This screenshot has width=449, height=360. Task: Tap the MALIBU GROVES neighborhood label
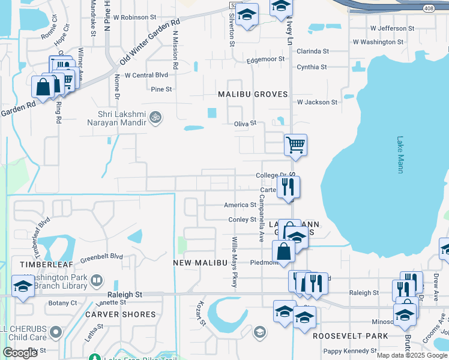coord(253,95)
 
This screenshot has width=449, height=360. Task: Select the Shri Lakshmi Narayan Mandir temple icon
coord(155,116)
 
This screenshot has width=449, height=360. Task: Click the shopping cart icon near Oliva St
coord(295,145)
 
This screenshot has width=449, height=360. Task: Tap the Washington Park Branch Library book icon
coord(96,280)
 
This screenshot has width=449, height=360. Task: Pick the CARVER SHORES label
coord(120,314)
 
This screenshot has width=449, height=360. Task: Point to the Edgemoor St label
coord(266,59)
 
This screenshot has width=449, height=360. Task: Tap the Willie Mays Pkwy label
coord(234,262)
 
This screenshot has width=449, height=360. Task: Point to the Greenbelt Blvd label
coord(102,256)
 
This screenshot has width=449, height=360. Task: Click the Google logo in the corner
coord(20,353)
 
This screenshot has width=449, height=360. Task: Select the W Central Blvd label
coord(146,76)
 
